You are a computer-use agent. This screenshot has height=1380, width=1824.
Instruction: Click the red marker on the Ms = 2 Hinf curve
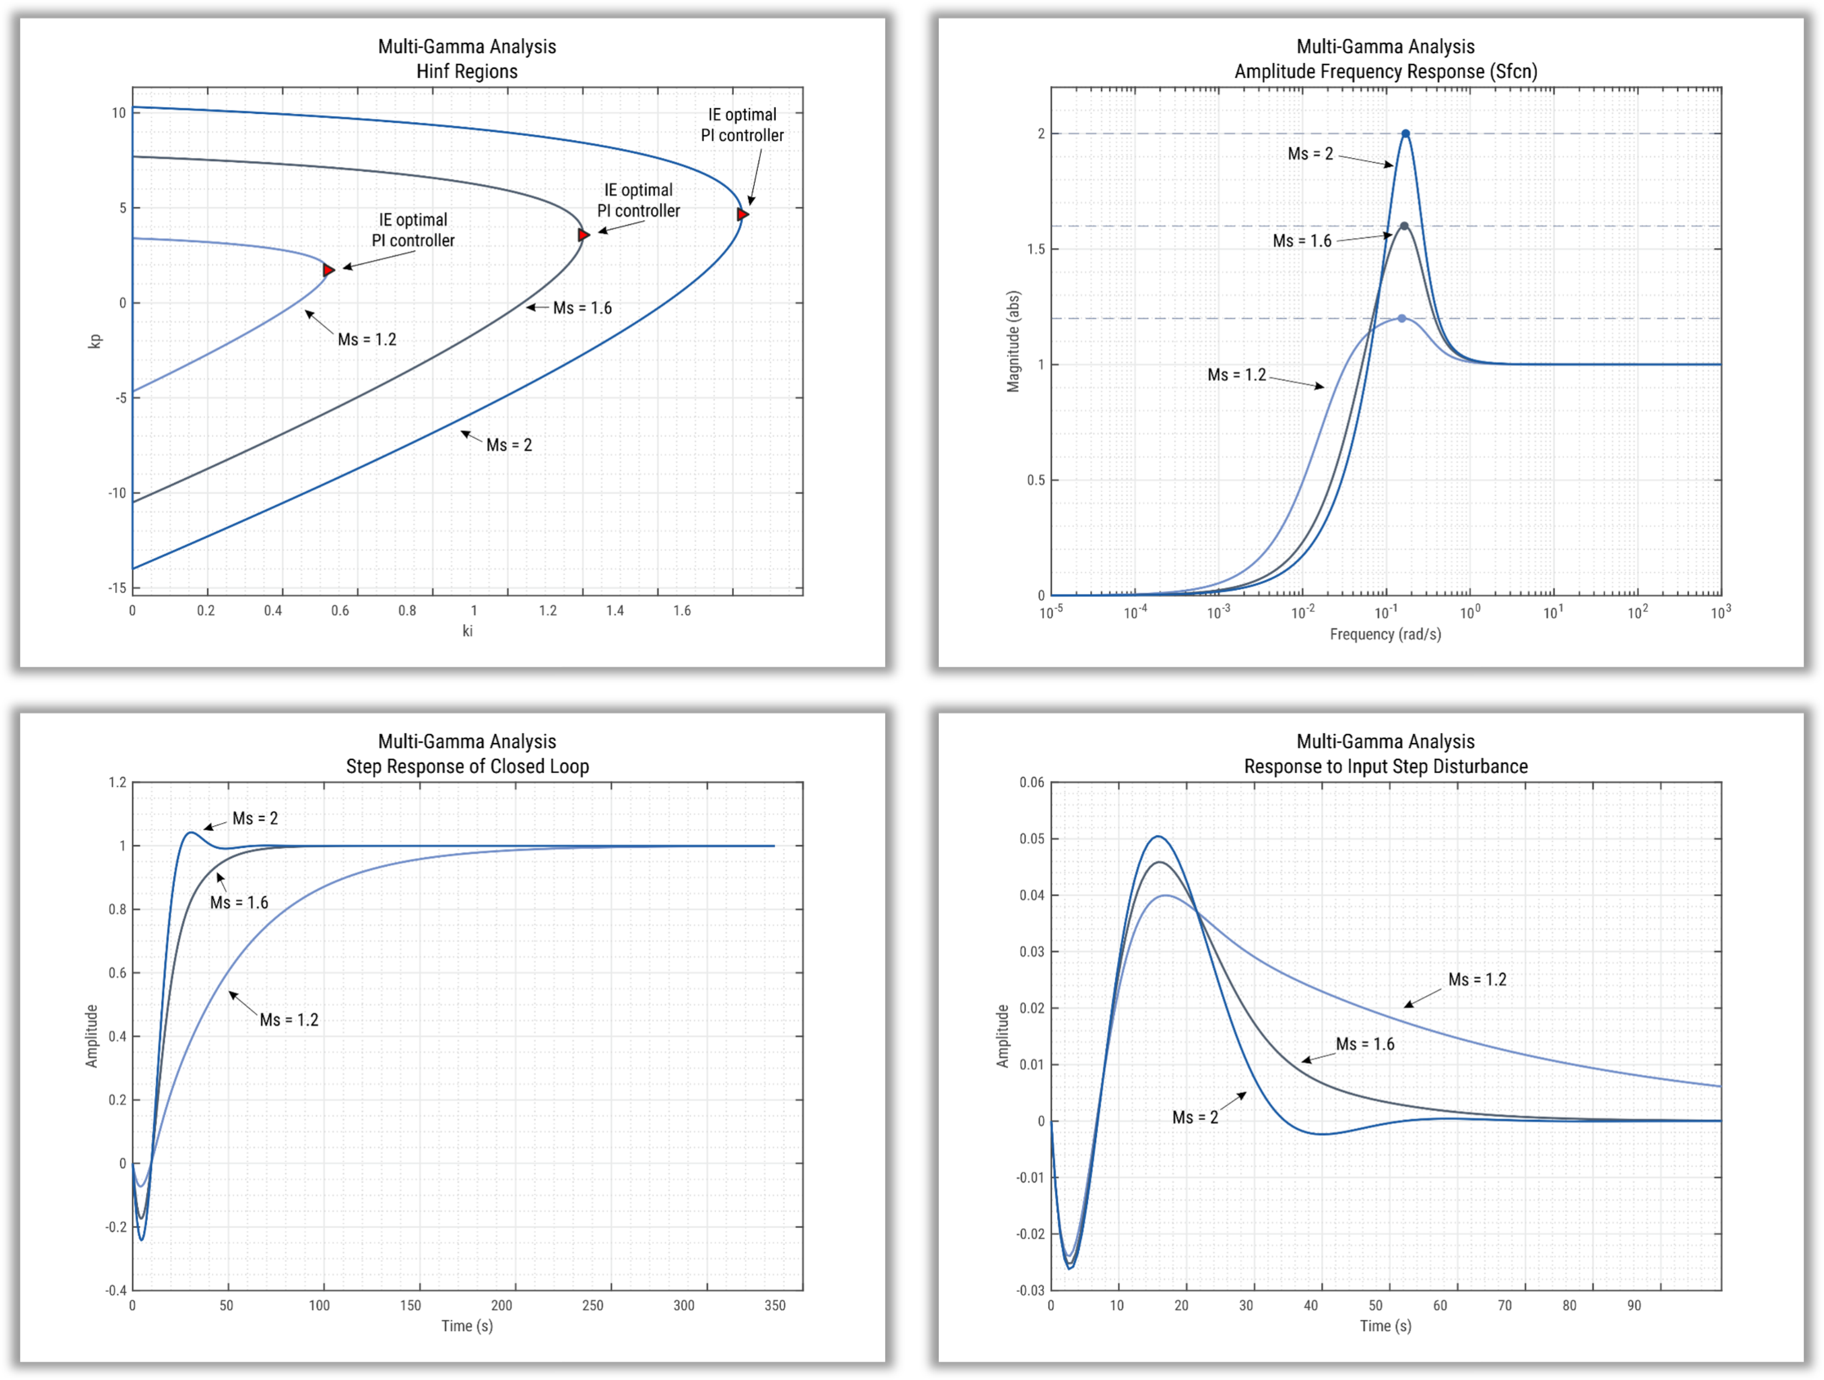click(742, 214)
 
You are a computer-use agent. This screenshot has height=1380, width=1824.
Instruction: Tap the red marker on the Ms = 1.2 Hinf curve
click(328, 270)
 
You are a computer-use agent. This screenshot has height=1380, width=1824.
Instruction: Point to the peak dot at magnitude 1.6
click(1404, 226)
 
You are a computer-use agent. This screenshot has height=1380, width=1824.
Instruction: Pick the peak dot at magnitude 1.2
click(1402, 318)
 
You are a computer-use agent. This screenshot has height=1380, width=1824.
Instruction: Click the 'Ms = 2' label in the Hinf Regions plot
click(509, 445)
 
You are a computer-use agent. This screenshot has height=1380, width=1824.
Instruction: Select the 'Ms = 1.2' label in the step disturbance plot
click(1477, 979)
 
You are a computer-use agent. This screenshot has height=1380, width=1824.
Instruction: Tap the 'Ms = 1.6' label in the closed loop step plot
click(239, 902)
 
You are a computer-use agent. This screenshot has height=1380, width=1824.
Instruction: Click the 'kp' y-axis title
click(95, 341)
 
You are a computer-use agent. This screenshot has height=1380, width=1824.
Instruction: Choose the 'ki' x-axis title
click(467, 631)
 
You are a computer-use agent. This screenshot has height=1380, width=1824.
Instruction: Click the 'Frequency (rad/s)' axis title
click(1385, 634)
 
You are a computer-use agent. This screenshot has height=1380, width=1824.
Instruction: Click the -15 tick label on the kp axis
click(117, 588)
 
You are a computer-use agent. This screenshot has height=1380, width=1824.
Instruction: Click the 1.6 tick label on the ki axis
click(682, 610)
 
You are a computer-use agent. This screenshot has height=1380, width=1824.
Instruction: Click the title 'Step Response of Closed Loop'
click(467, 766)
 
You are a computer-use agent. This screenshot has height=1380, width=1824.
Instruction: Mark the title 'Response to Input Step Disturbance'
click(1385, 766)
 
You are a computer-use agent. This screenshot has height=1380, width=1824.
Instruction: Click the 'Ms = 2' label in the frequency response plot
click(1311, 154)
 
